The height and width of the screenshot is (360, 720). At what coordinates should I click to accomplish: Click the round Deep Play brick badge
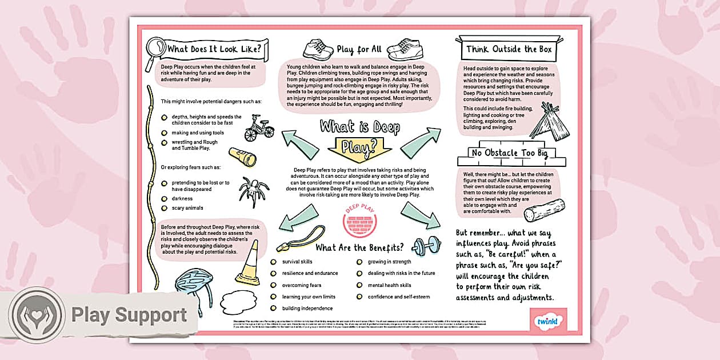coord(360,220)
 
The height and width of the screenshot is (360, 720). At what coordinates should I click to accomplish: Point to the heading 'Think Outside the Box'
coord(509,50)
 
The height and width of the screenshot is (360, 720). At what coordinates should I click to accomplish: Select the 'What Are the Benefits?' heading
coord(359,247)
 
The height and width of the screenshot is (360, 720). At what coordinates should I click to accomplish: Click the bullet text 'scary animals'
coord(187,208)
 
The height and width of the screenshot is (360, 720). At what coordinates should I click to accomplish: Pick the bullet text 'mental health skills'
coord(389,285)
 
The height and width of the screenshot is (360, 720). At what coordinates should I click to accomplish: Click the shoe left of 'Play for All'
coord(318,50)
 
